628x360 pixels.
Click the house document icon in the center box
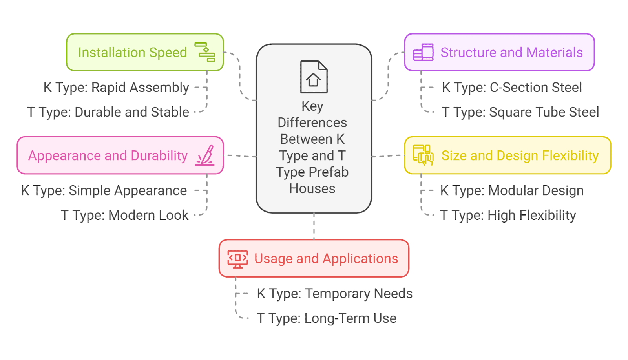tap(314, 77)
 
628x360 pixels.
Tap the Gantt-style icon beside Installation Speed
tap(205, 52)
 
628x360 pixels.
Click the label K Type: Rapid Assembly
tap(116, 88)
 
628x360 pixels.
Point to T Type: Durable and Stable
tap(108, 112)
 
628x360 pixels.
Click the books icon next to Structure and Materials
tap(423, 52)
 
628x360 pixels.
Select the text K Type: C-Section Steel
tap(511, 88)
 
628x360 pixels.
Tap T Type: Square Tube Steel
tap(520, 112)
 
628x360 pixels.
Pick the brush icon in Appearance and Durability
tap(205, 155)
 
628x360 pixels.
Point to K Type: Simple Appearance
tap(104, 191)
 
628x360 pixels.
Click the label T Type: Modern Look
tap(124, 216)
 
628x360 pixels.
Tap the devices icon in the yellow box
tap(423, 155)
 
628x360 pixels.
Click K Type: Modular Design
tap(511, 191)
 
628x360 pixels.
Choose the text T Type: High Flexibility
tap(508, 216)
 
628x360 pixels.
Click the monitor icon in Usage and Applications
tap(237, 259)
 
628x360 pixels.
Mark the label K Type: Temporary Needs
tap(334, 294)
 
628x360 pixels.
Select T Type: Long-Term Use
tap(326, 318)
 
